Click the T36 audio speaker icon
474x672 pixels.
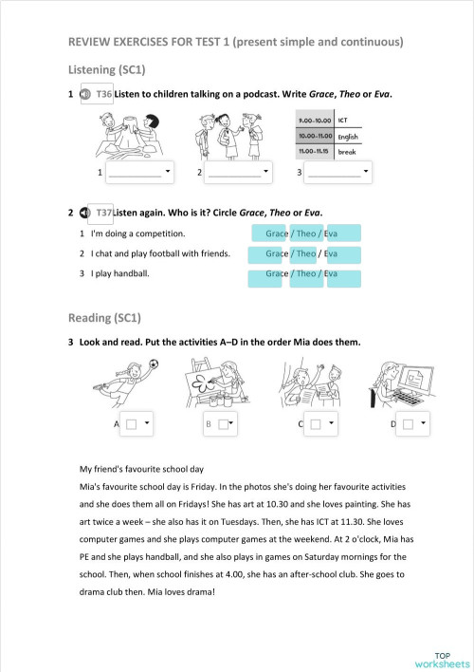click(85, 95)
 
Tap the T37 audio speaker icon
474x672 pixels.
click(85, 212)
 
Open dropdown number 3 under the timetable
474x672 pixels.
click(338, 173)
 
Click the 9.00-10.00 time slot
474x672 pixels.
click(314, 121)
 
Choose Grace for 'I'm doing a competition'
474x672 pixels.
click(276, 233)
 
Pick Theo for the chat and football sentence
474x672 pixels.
click(305, 254)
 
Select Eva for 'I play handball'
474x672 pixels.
click(331, 274)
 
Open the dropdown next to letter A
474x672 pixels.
click(138, 424)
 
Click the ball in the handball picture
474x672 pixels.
click(154, 364)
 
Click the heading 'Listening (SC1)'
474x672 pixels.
click(107, 70)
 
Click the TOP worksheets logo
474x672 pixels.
click(441, 660)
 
